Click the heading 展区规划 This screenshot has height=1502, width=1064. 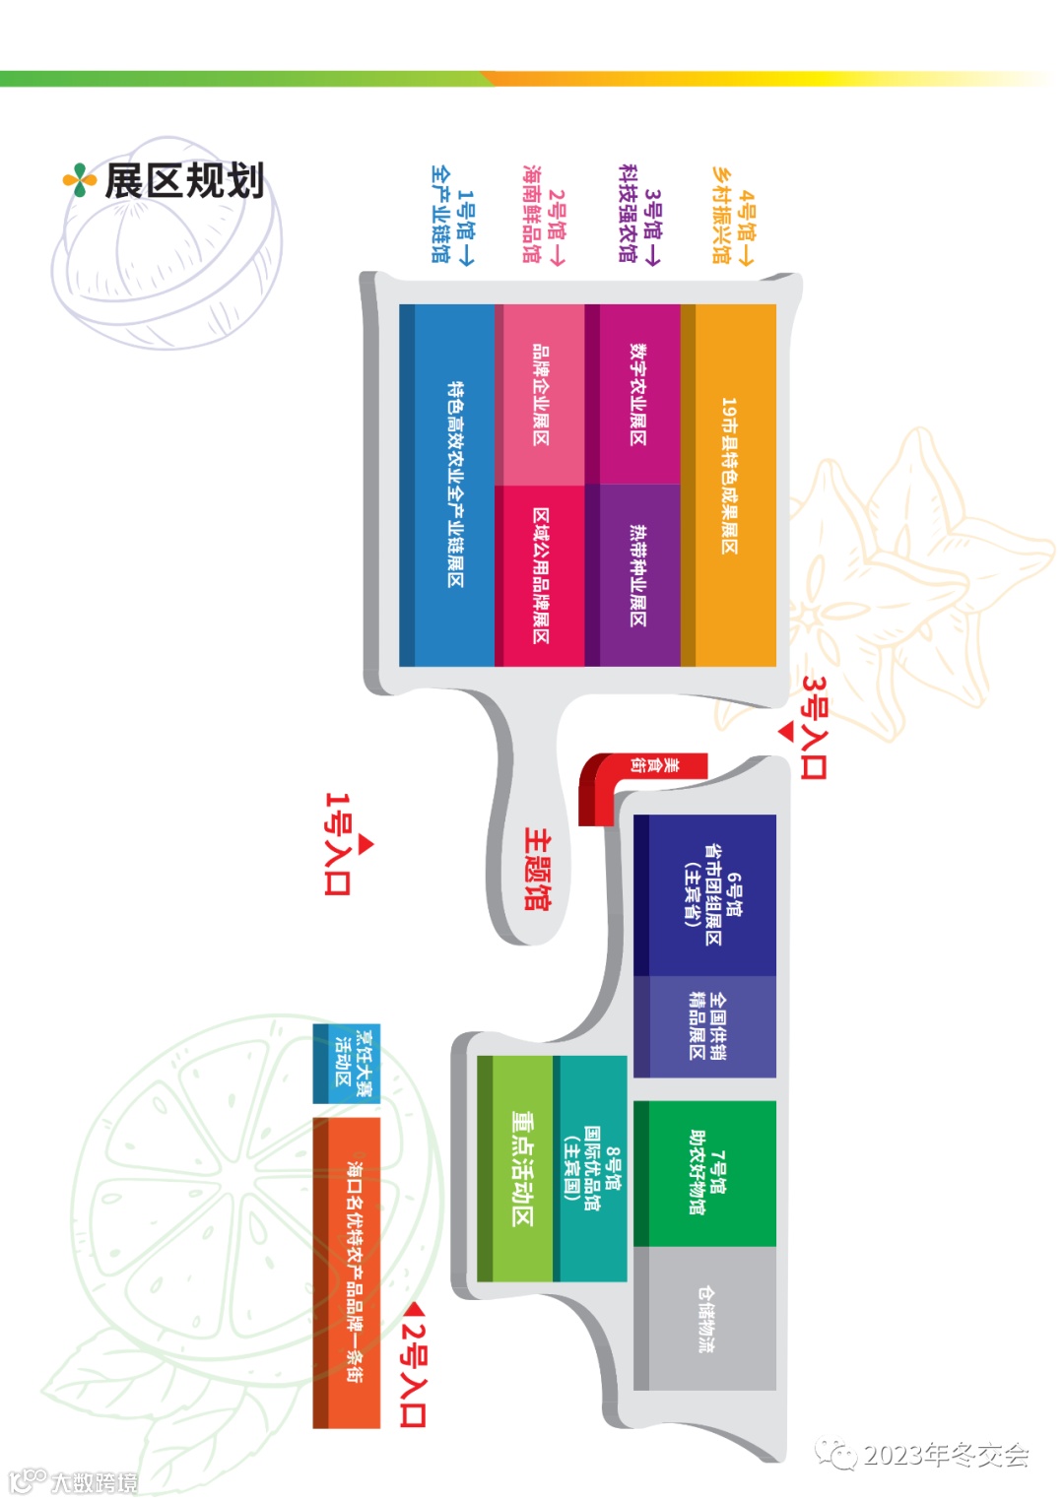pos(184,181)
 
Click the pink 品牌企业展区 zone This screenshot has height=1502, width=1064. pos(540,394)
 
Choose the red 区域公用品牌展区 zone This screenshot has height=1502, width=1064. pos(540,575)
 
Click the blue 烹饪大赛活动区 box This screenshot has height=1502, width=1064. pos(346,1065)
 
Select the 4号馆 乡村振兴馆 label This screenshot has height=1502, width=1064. pos(733,216)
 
